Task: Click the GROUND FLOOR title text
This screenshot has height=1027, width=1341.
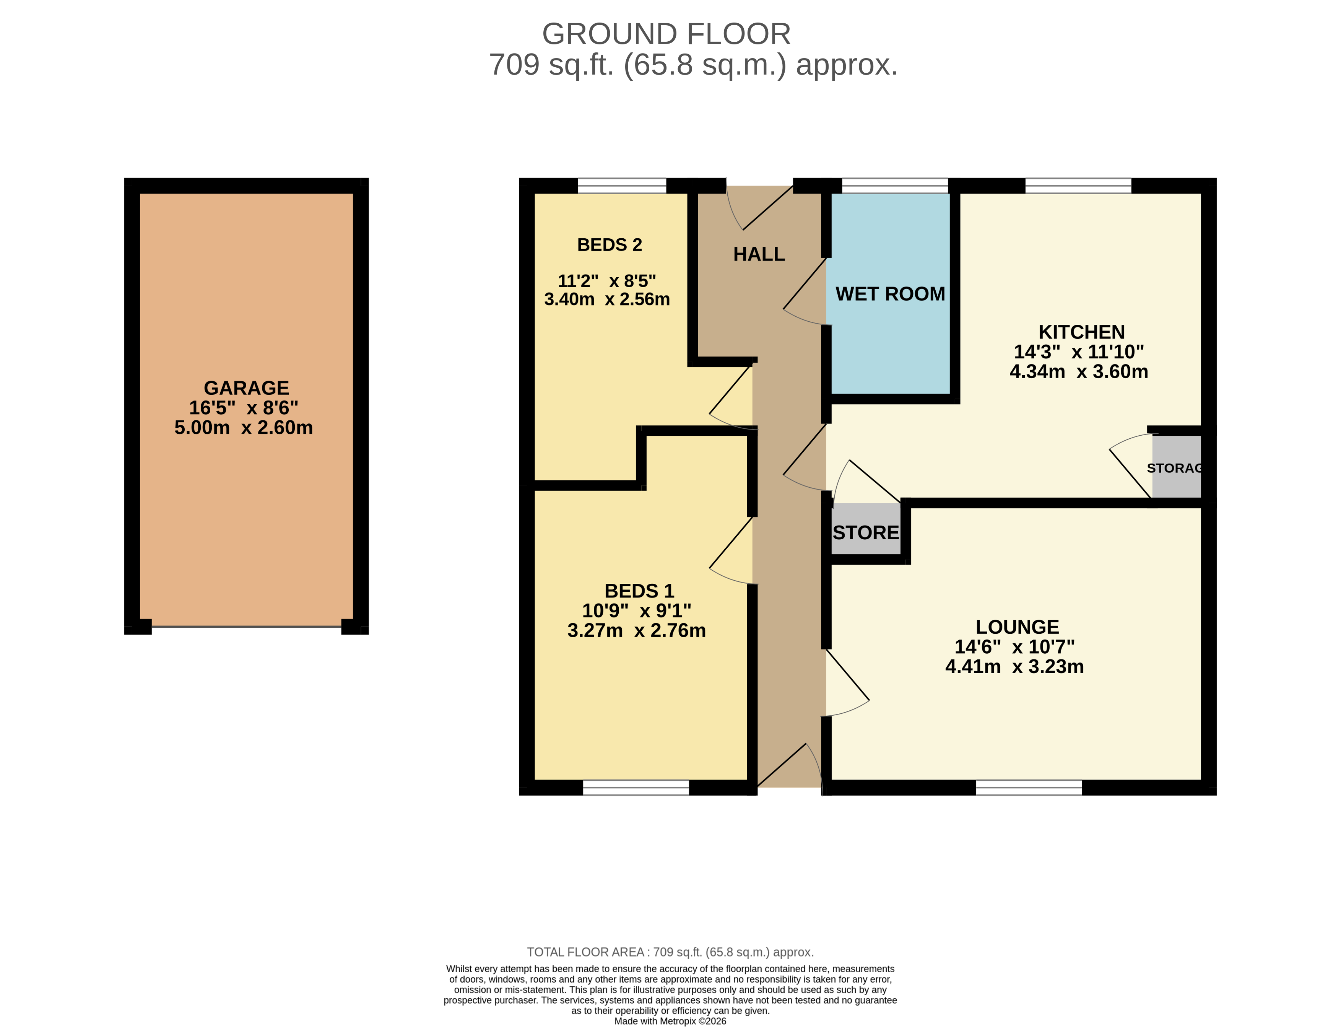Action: click(666, 34)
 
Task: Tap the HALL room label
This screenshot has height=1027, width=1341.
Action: click(759, 254)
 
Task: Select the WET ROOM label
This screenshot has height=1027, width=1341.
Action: click(890, 294)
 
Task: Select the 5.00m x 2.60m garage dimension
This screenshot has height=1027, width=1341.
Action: click(243, 427)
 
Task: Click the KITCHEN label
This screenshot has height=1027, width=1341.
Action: click(1081, 332)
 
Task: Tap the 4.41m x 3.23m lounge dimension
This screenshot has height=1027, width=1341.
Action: click(1014, 666)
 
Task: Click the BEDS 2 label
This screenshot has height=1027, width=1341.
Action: click(610, 245)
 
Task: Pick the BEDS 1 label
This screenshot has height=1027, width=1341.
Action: click(639, 591)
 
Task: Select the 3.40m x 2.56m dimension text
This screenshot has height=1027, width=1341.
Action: click(606, 299)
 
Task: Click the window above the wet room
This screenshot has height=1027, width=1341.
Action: click(894, 186)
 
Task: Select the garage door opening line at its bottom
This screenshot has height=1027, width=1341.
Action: click(246, 627)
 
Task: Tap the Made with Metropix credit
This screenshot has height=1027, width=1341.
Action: click(670, 1021)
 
